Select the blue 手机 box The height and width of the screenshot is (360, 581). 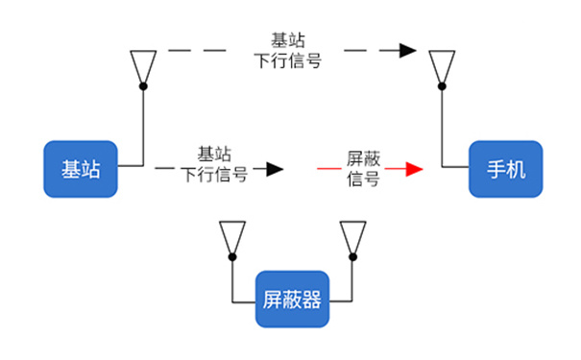pyautogui.click(x=504, y=169)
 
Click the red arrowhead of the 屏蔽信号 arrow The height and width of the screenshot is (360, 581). pyautogui.click(x=414, y=170)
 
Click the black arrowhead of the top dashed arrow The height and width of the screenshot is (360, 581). pyautogui.click(x=409, y=50)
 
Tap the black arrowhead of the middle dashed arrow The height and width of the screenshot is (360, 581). pyautogui.click(x=276, y=170)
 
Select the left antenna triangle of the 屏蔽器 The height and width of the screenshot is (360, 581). pyautogui.click(x=231, y=236)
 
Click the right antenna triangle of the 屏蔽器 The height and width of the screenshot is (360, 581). pyautogui.click(x=352, y=236)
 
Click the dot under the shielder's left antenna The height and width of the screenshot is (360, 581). pyautogui.click(x=231, y=256)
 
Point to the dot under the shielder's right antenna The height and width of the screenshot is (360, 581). pyautogui.click(x=352, y=256)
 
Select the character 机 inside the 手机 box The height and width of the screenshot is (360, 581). pyautogui.click(x=516, y=170)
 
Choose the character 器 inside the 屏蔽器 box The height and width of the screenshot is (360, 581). pyautogui.click(x=310, y=298)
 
